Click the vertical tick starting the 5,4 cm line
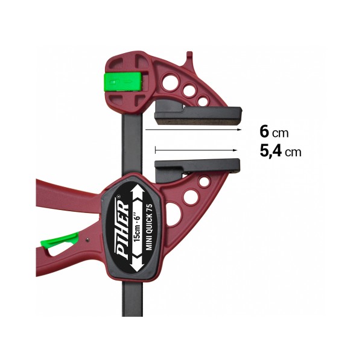click(155, 148)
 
